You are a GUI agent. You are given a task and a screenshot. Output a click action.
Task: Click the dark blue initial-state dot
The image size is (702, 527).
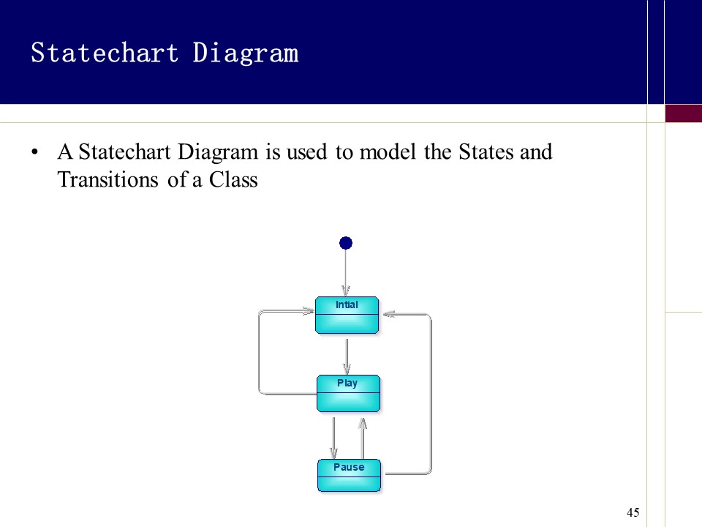click(x=346, y=243)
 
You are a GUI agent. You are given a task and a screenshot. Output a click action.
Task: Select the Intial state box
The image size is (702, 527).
click(x=347, y=315)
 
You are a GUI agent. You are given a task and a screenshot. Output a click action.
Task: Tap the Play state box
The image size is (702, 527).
click(x=348, y=393)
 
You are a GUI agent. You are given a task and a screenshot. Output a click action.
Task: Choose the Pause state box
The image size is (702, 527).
click(x=349, y=475)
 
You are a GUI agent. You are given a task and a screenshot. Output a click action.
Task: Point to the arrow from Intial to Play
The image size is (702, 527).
click(x=347, y=355)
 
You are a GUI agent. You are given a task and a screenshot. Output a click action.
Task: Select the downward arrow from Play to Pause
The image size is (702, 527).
click(x=333, y=438)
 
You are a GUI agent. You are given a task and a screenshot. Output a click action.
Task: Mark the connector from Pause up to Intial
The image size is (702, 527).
click(x=431, y=395)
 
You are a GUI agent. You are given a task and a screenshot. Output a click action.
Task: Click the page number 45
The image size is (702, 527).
click(x=633, y=512)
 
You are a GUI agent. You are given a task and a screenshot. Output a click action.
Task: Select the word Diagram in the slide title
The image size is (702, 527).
click(x=246, y=53)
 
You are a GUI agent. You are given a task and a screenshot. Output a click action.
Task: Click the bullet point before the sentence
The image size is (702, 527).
click(x=34, y=153)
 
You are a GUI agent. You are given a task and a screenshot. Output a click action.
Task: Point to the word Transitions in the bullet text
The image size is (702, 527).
click(x=108, y=179)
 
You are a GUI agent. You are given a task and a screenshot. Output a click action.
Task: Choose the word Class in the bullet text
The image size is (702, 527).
click(x=233, y=179)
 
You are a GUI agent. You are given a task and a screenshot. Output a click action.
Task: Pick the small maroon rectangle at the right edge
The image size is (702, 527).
click(x=683, y=113)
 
